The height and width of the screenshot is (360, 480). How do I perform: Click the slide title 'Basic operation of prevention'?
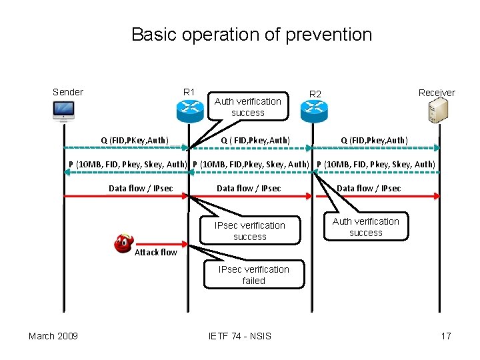251,34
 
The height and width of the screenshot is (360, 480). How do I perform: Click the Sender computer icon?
64,111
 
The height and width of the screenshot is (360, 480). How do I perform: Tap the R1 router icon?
189,111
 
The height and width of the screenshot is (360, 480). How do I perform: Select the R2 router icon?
315,111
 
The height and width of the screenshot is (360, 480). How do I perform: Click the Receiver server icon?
438,111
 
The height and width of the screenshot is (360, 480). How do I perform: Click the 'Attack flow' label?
156,252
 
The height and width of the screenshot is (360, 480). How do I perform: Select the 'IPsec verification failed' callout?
253,275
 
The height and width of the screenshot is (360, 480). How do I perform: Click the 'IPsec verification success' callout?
249,231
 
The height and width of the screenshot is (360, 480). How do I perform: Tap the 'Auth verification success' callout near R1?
248,107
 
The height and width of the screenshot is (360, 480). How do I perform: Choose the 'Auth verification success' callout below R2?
365,227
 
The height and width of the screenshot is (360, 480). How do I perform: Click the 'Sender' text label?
68,92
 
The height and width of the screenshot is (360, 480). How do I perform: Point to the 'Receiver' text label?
436,93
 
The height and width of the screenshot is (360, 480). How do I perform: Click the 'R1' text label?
189,92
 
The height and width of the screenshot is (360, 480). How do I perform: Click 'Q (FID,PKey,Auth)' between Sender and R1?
134,140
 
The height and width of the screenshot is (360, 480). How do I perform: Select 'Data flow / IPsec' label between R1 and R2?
249,188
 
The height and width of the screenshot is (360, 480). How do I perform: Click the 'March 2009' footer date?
53,335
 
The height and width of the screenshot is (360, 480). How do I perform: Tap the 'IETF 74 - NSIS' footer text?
240,335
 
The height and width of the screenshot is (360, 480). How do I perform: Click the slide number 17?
445,335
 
